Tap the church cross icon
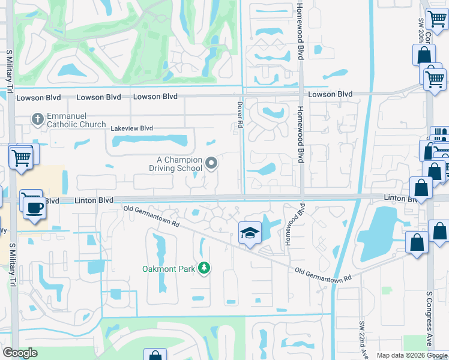[x=37, y=119]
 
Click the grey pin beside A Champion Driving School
[x=211, y=163]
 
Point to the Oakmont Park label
[x=168, y=269]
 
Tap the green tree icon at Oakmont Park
[x=205, y=268]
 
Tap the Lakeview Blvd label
[x=132, y=128]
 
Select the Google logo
[x=20, y=353]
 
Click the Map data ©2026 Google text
[x=412, y=355]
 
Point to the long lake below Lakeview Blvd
[x=150, y=142]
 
